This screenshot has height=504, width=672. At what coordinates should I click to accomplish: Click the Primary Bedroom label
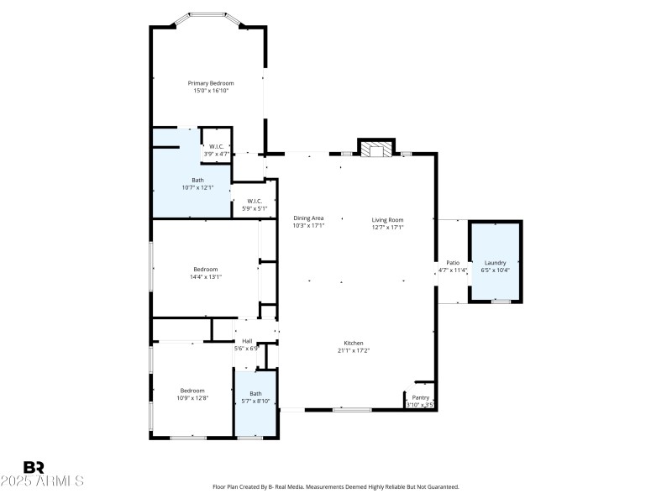[x=210, y=83]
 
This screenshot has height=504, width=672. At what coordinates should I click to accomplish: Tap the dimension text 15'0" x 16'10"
[x=210, y=91]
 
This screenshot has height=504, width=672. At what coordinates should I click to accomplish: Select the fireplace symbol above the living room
[x=376, y=149]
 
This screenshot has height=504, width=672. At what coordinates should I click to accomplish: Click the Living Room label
[x=388, y=219]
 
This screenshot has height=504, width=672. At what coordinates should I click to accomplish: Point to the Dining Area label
[x=308, y=218]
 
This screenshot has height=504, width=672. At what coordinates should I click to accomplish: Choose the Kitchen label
[x=353, y=343]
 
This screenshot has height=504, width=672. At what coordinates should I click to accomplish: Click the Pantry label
[x=420, y=397]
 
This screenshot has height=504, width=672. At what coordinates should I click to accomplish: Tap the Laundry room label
[x=495, y=262]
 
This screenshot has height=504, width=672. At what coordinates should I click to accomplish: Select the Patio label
[x=452, y=263]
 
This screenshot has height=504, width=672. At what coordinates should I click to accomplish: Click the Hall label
[x=247, y=340]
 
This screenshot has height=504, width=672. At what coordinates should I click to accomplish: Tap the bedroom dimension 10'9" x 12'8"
[x=192, y=397]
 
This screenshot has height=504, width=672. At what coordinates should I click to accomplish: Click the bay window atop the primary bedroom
[x=207, y=16]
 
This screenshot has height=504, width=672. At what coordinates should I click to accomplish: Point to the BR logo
[x=34, y=467]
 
